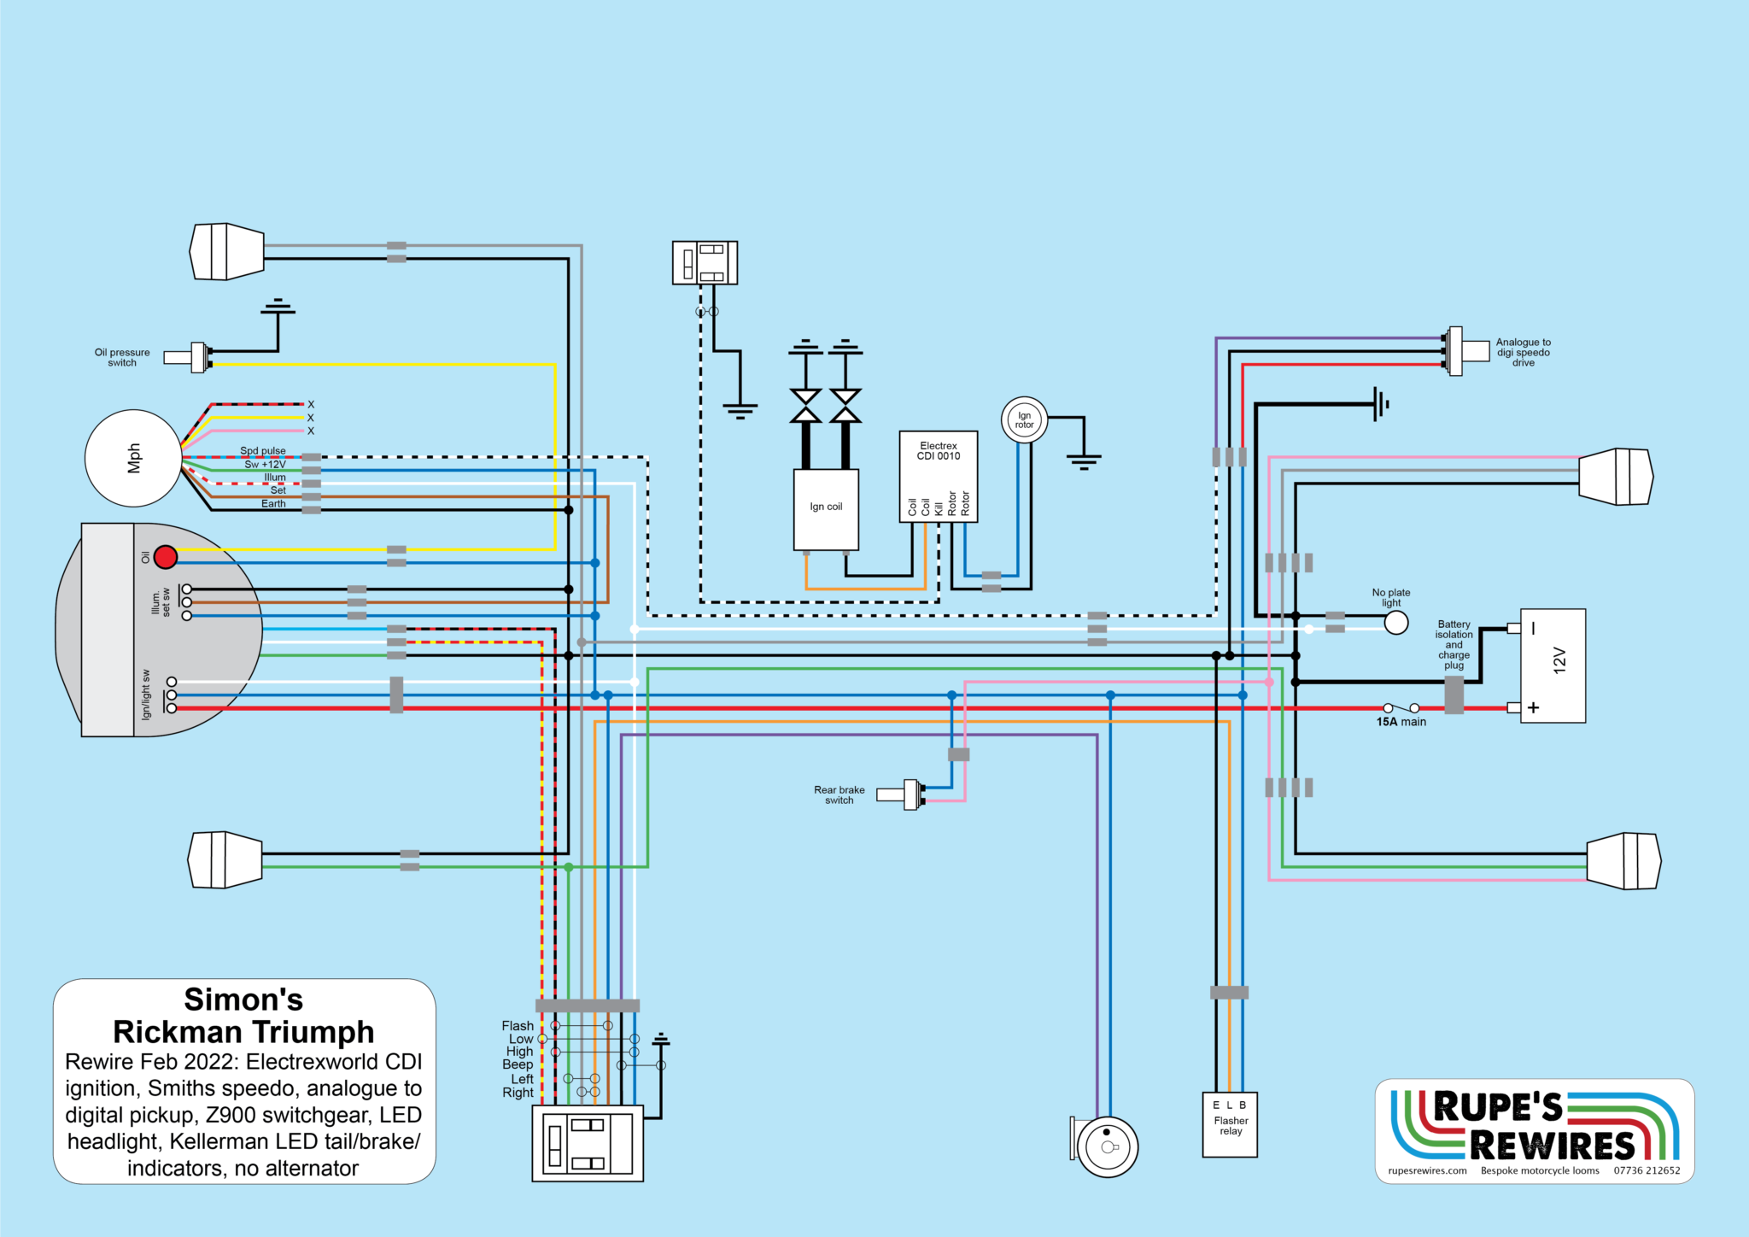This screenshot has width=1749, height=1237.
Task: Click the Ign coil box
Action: coord(826,510)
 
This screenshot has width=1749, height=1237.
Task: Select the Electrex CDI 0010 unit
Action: coord(939,477)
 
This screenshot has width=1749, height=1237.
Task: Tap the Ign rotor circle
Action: coord(1024,419)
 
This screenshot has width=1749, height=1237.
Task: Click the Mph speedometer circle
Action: coord(133,458)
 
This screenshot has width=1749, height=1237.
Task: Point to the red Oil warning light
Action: coord(166,557)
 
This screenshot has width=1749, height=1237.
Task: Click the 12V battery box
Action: coord(1553,665)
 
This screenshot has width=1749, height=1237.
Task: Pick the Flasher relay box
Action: coord(1230,1124)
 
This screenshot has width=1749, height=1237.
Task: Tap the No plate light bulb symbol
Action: coord(1395,624)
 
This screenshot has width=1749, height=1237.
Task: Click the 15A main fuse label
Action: coord(1401,722)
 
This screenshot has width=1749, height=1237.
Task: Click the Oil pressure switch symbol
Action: coord(188,358)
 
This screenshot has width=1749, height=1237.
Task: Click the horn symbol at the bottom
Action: coord(1105,1146)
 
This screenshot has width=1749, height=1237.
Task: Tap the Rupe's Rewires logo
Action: coord(1535,1131)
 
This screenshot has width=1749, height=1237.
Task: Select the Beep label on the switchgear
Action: coord(518,1064)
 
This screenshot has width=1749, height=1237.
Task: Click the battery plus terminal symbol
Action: coord(1534,707)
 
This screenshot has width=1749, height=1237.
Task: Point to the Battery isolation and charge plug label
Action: coord(1454,645)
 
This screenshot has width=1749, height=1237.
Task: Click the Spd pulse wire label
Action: coord(263,451)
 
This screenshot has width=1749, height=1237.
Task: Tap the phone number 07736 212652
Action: coord(1647,1171)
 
